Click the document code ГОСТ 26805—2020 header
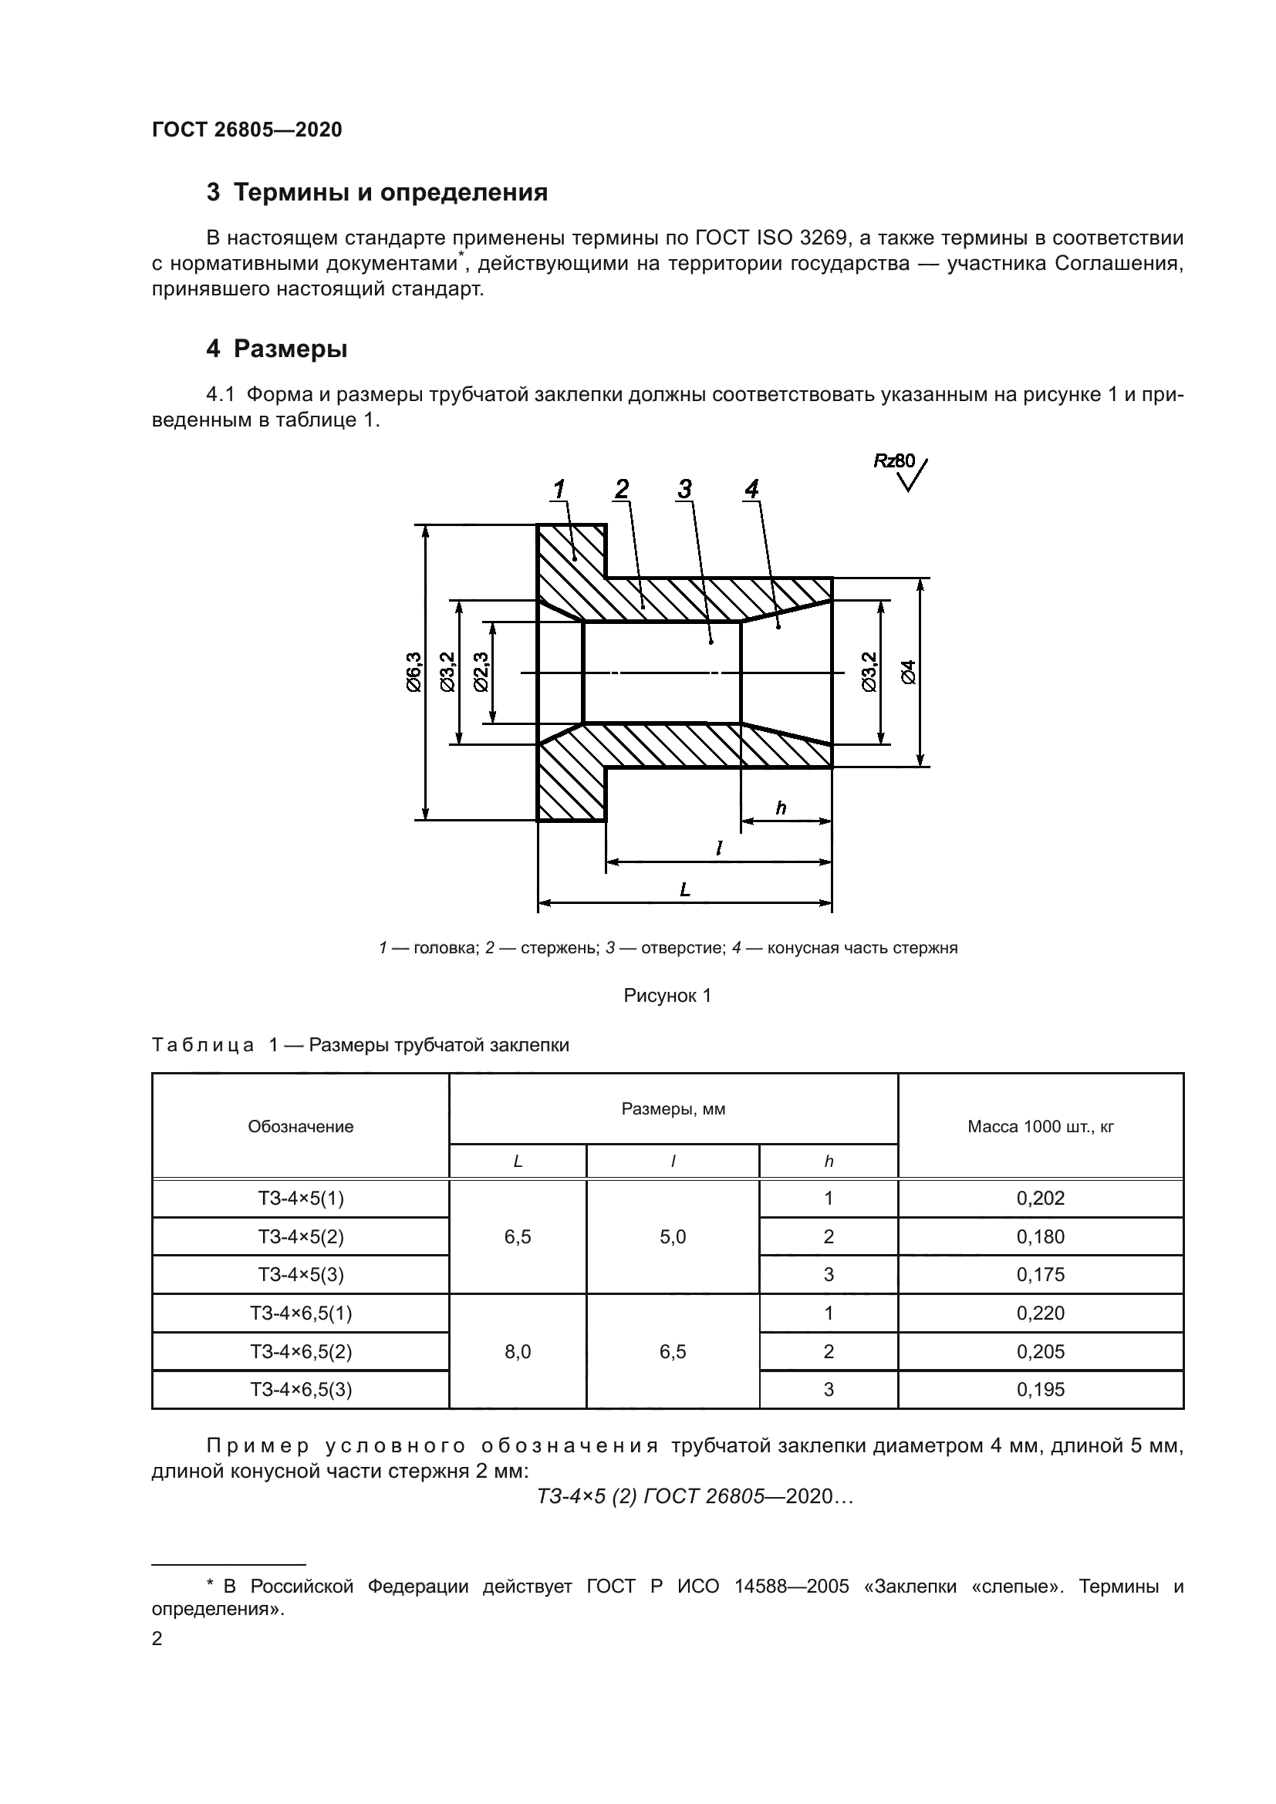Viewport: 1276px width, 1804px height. point(247,130)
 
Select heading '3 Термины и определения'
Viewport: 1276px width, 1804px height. point(377,193)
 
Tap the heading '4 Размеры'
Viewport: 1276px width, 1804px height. point(277,349)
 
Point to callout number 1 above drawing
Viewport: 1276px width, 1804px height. point(559,490)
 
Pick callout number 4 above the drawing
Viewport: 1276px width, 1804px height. point(752,490)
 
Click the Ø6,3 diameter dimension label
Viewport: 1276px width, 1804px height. point(414,671)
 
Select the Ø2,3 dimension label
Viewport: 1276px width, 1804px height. point(481,671)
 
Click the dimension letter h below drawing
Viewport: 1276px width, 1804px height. point(781,808)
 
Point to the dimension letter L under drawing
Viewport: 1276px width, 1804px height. point(685,889)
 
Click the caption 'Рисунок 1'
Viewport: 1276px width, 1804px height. point(667,996)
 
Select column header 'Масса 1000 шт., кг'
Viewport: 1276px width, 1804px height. point(1040,1126)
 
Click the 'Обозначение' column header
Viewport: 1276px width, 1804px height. point(300,1126)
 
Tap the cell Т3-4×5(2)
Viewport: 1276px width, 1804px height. point(301,1236)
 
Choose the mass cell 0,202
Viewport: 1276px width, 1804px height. point(1040,1198)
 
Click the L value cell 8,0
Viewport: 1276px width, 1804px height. point(518,1350)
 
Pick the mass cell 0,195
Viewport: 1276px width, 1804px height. point(1040,1389)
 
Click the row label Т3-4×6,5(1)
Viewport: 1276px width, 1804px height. point(301,1312)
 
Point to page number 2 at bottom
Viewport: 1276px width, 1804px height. point(157,1638)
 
